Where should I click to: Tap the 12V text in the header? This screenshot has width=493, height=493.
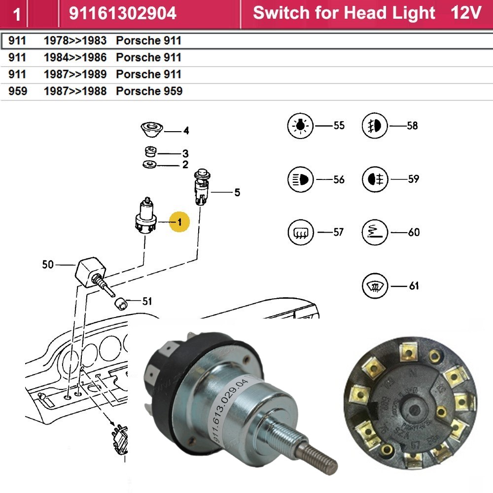465,13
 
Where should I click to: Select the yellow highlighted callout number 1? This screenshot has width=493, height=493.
179,222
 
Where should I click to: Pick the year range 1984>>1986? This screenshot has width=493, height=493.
75,57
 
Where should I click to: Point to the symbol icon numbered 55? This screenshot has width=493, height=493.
300,126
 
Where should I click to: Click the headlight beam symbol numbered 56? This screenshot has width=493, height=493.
300,179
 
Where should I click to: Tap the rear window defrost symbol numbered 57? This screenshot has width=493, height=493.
300,232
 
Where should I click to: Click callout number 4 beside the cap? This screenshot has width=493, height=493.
185,131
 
